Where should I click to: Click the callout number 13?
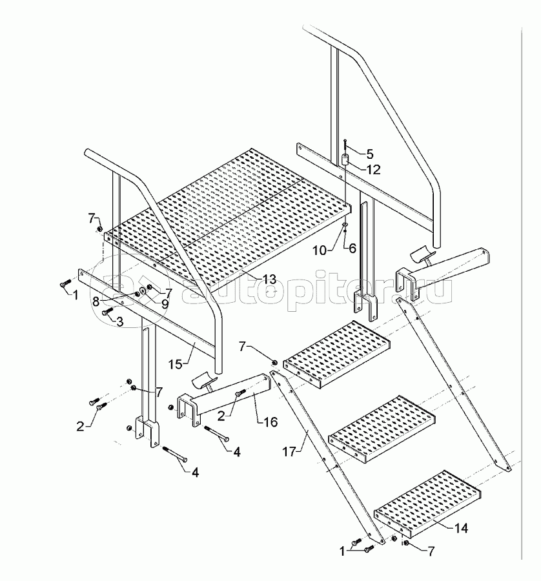269,279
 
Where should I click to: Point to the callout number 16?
270,422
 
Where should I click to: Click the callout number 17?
289,451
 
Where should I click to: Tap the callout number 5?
370,154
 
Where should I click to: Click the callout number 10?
320,251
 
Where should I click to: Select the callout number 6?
352,248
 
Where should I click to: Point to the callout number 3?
119,321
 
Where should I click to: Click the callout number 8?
96,301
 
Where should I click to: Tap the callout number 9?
164,304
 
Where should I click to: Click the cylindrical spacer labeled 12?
345,160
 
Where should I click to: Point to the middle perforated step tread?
382,429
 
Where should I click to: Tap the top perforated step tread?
337,354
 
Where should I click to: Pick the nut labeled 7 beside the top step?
275,362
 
